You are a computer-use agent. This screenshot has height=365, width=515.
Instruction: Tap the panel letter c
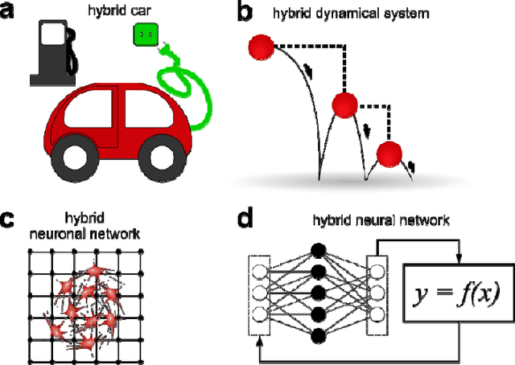click(x=10, y=219)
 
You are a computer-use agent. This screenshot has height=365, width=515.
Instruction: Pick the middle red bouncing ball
click(x=344, y=105)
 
